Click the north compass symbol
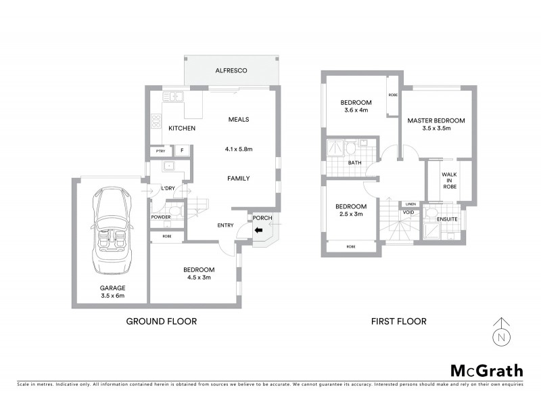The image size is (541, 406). (500, 332)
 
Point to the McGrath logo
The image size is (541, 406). (486, 370)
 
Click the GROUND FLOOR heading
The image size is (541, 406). (162, 321)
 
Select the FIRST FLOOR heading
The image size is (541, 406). (399, 321)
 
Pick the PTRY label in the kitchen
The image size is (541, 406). (160, 151)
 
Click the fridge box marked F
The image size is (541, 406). (181, 151)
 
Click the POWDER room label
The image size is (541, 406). (161, 217)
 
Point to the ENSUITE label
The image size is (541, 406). (447, 219)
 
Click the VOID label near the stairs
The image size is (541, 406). (408, 212)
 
